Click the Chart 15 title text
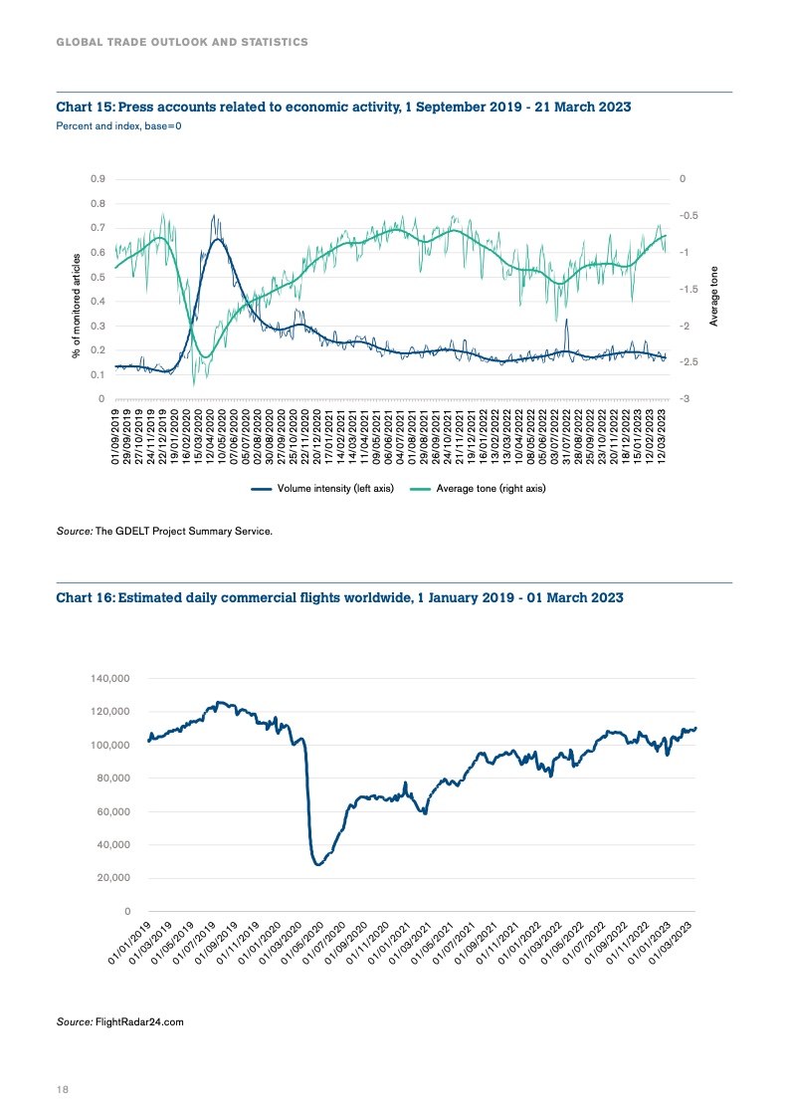click(x=343, y=107)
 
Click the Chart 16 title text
click(x=339, y=597)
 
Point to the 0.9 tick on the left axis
click(x=97, y=179)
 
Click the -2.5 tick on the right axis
click(x=688, y=362)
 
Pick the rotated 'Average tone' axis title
click(x=713, y=296)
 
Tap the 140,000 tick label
click(x=110, y=678)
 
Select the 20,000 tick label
click(x=113, y=878)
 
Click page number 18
click(x=62, y=1090)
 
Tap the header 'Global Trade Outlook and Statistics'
click(x=181, y=42)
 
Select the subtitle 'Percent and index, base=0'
click(x=118, y=125)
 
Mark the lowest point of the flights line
click(x=318, y=864)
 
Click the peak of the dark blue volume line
click(x=213, y=215)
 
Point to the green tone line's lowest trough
click(x=194, y=380)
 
